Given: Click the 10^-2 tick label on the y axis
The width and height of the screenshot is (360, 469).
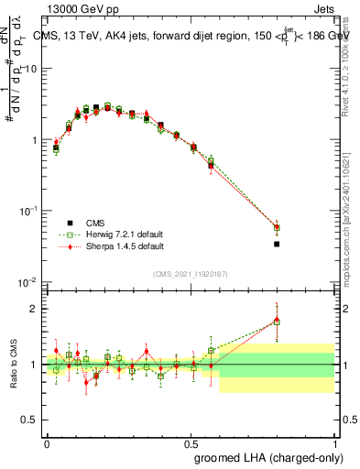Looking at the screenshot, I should [28, 281].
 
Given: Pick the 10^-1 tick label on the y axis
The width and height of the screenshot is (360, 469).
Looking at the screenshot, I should [28, 211].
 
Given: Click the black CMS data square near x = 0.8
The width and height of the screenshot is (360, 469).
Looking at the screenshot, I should [277, 245].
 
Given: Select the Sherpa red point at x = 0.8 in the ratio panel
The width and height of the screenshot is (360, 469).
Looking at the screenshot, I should [277, 320].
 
